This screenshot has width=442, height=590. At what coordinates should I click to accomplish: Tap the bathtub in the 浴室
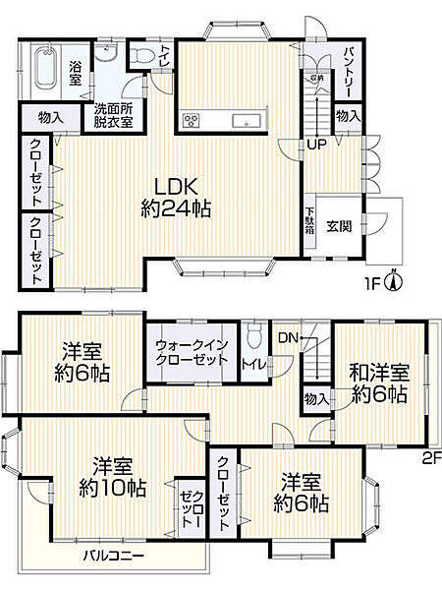(x=45, y=70)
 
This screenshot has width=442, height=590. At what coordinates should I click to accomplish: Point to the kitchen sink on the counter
(x=244, y=121)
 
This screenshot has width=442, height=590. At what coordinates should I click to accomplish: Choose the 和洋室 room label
(x=378, y=375)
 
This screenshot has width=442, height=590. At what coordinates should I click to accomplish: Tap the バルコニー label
(x=113, y=557)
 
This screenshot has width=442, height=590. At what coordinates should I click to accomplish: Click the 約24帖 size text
(x=178, y=208)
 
